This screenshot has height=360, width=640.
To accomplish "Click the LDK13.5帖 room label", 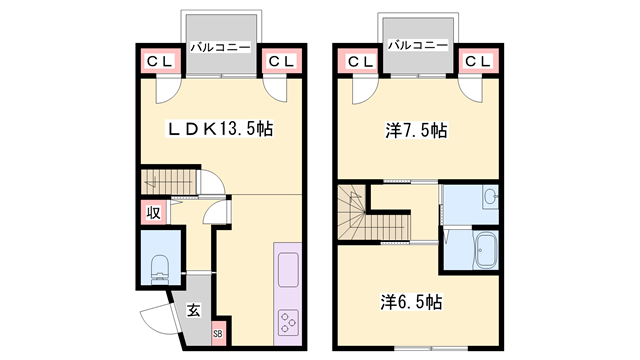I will (220, 128).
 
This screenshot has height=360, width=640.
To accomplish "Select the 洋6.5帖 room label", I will (411, 301).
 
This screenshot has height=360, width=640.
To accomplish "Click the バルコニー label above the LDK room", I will (220, 46).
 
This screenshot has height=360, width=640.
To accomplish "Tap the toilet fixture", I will (159, 266).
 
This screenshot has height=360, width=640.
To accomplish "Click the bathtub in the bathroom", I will (485, 250).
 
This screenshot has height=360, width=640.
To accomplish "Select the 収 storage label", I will (153, 212).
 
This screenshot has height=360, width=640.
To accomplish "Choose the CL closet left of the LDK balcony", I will (160, 62).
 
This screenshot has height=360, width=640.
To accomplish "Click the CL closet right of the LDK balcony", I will (280, 62).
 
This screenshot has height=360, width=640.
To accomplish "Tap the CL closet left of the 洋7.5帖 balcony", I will (358, 62).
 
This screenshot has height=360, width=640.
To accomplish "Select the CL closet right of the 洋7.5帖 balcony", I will (477, 62).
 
